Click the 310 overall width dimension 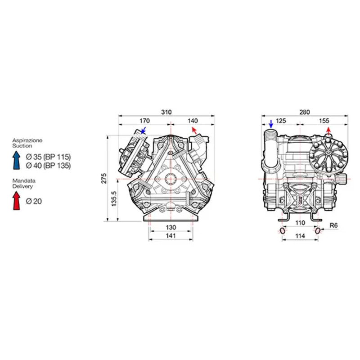point(166,112)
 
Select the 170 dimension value point(144,121)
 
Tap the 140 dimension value point(193,121)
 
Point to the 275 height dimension point(104,178)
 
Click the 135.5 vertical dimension point(114,198)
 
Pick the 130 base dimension point(171,227)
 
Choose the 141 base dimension point(171,235)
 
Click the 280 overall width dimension point(305,112)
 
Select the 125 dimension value point(280,121)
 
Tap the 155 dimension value point(324,121)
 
